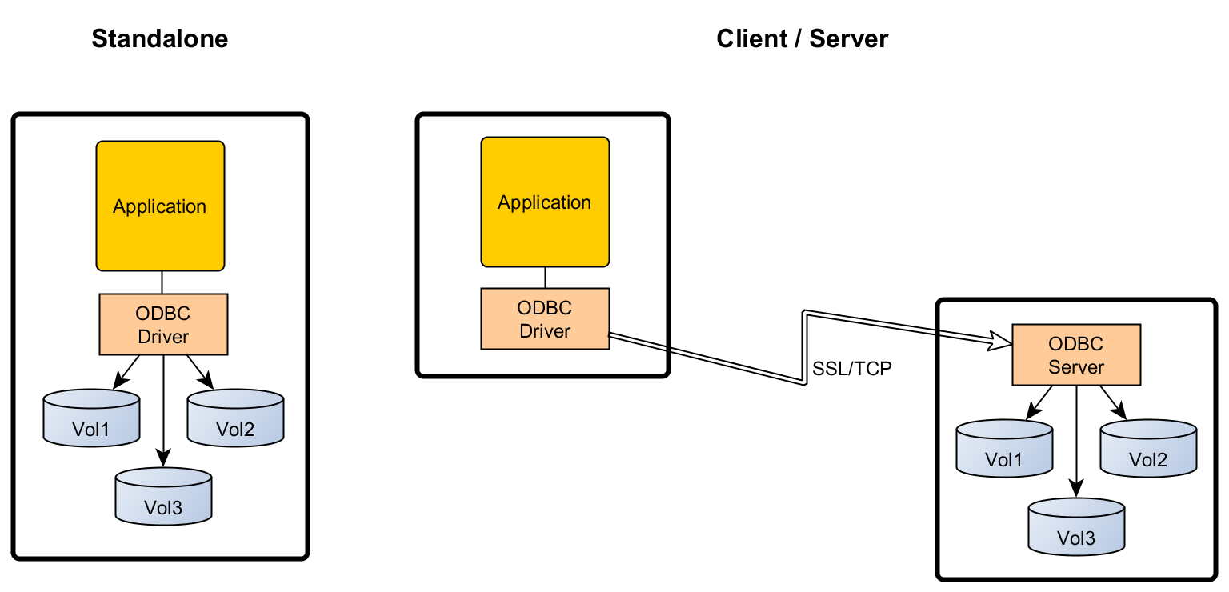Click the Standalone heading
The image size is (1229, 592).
coord(160,38)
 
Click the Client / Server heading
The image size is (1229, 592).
coord(802,38)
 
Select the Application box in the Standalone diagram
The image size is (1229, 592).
coord(160,206)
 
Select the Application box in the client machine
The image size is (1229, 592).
coord(545,202)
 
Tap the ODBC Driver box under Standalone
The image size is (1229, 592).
coord(163,324)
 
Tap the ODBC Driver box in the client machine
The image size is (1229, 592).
coord(545,318)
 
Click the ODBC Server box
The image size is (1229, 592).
coord(1076,355)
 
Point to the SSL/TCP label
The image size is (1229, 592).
coord(851,369)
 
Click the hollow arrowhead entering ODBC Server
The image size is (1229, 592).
coord(1001,340)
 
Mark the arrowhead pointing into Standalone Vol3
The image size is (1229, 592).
coord(163,458)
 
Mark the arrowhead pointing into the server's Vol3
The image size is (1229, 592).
coord(1076,488)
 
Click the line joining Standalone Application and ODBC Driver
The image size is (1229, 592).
coord(162,282)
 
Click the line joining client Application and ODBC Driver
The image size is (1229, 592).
coord(545,277)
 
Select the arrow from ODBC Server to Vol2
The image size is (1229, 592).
coord(1113,402)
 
